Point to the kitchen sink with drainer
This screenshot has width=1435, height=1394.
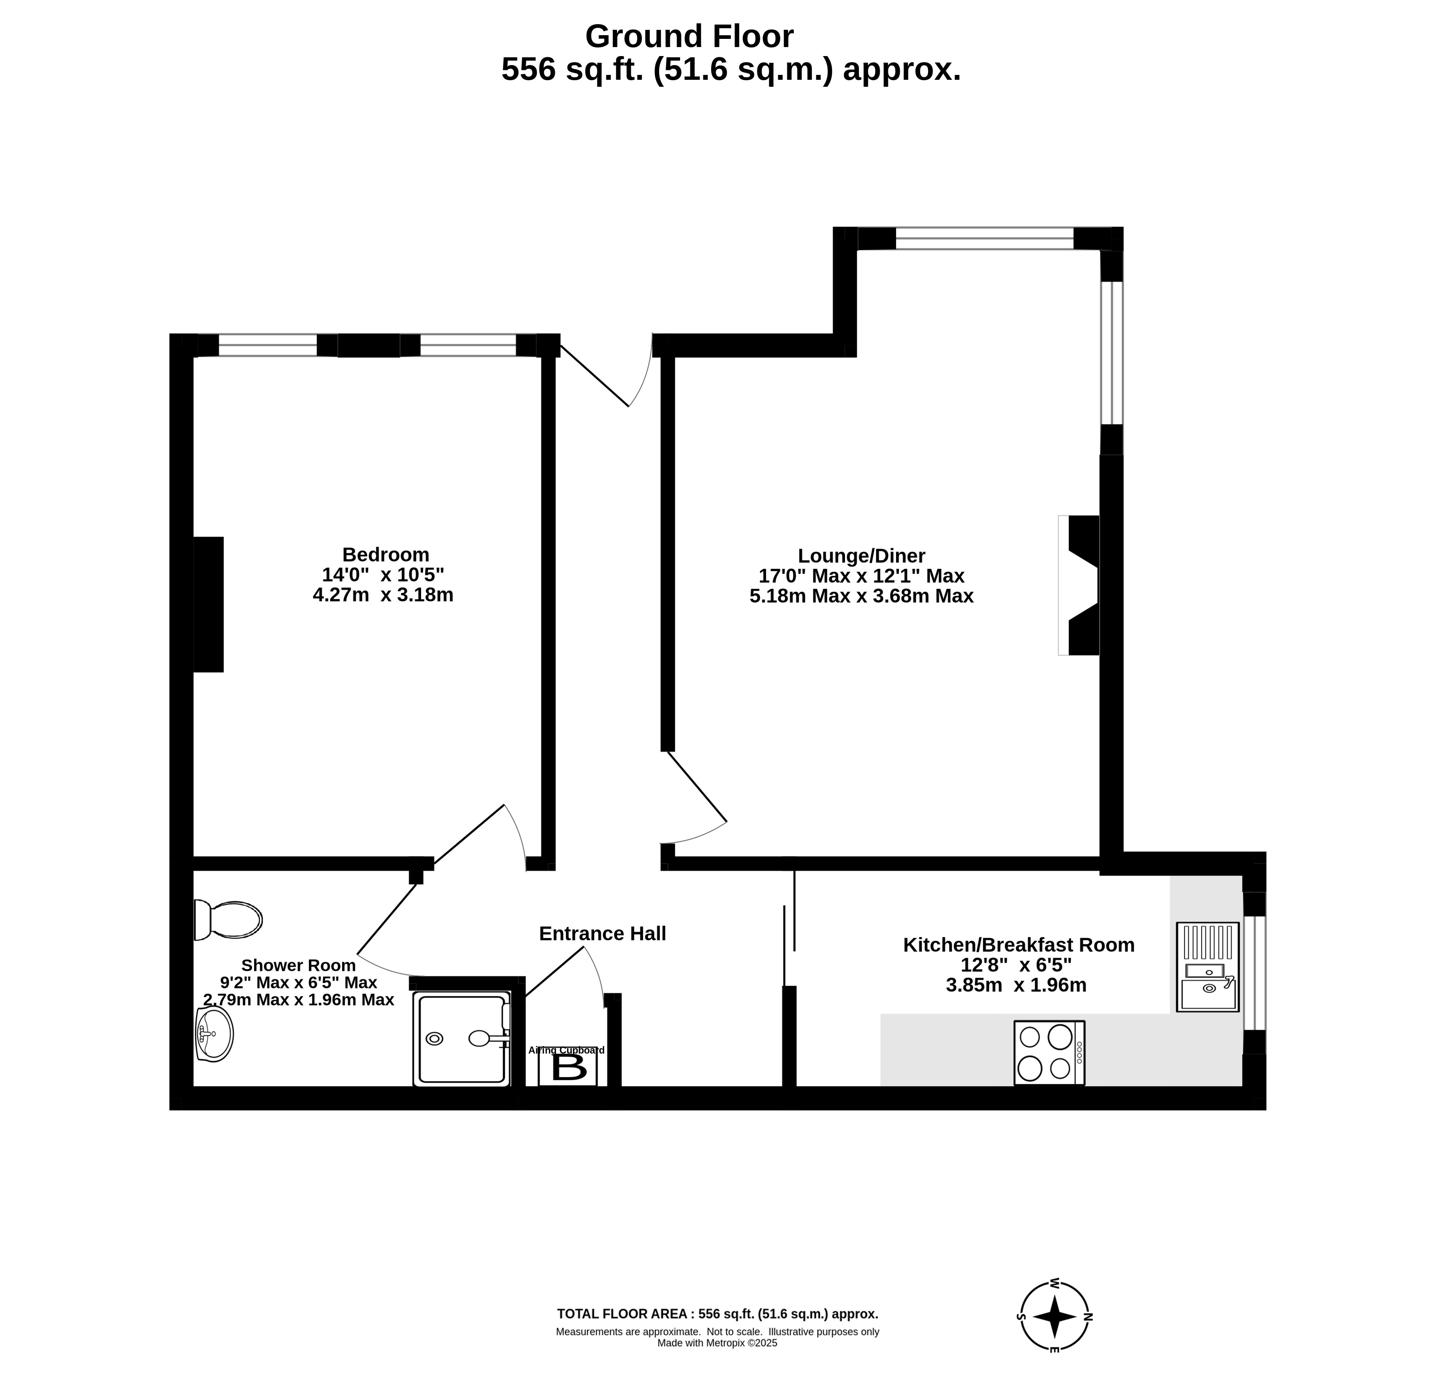coord(1207,967)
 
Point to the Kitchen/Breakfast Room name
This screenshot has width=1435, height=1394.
coord(1018,945)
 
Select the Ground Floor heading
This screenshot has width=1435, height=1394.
coord(689,36)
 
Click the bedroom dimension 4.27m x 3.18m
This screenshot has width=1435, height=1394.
coord(383,595)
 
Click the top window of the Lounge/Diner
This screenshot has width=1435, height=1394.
coord(985,239)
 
